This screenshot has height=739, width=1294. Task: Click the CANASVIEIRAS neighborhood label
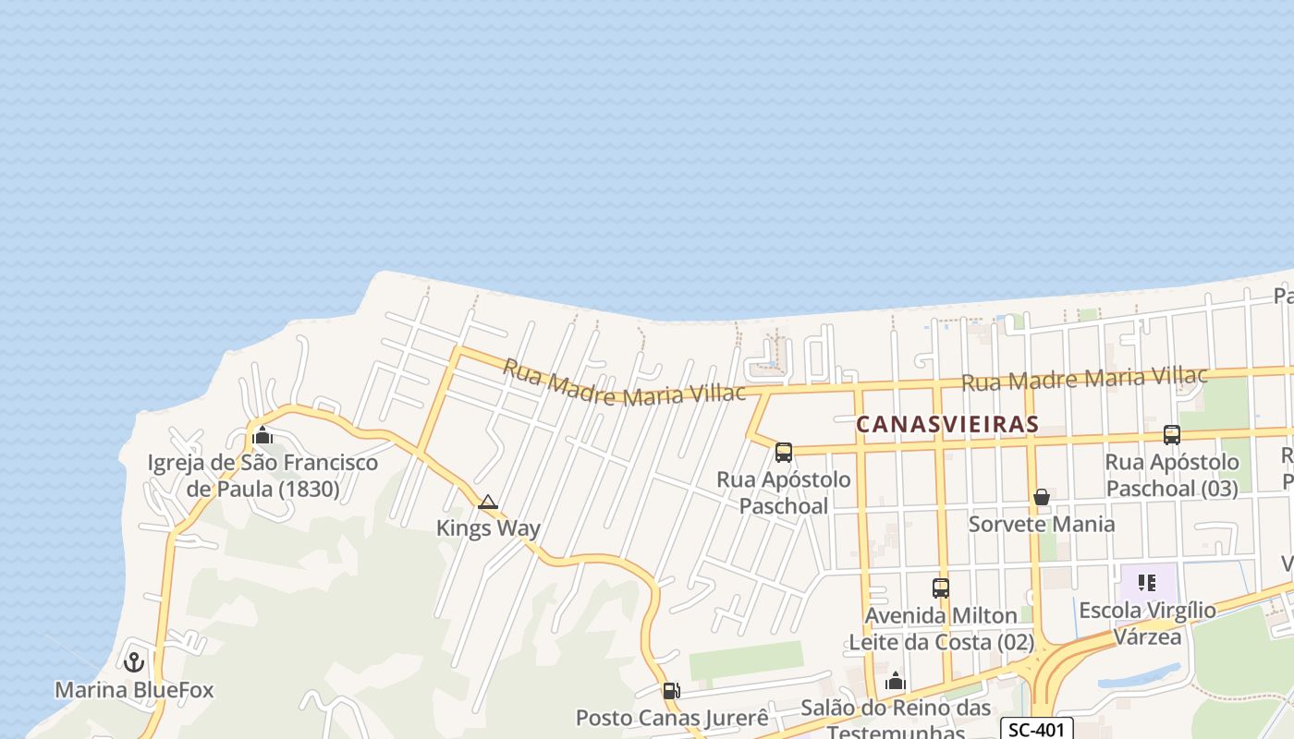point(947,424)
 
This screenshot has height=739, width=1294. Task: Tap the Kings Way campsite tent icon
point(488,503)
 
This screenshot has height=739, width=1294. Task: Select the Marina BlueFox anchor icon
point(134,662)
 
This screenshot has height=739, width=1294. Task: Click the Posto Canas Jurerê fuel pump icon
point(672,690)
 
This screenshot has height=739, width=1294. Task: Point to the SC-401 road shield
point(1036,729)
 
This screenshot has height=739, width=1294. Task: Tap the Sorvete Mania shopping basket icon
point(1042,497)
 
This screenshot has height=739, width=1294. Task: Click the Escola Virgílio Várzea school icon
point(1147,583)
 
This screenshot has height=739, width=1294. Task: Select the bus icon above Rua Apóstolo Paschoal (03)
point(1172,434)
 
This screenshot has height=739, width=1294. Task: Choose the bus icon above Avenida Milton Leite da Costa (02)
point(941,588)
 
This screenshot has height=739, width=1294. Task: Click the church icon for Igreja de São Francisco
point(262,435)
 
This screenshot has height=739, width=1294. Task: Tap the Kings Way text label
point(488,528)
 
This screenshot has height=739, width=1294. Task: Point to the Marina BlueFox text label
point(134,690)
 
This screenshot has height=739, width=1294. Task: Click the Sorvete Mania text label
point(1042,524)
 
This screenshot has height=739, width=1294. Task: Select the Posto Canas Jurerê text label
point(672,718)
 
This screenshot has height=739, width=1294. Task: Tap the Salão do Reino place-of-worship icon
point(895,683)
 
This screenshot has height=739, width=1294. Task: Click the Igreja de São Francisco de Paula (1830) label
point(262,475)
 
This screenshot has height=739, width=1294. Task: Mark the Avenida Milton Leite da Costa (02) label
point(941,628)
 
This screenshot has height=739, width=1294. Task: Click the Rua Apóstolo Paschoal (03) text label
point(1172,475)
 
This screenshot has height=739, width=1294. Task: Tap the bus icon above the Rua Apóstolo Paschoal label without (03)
point(784,453)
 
